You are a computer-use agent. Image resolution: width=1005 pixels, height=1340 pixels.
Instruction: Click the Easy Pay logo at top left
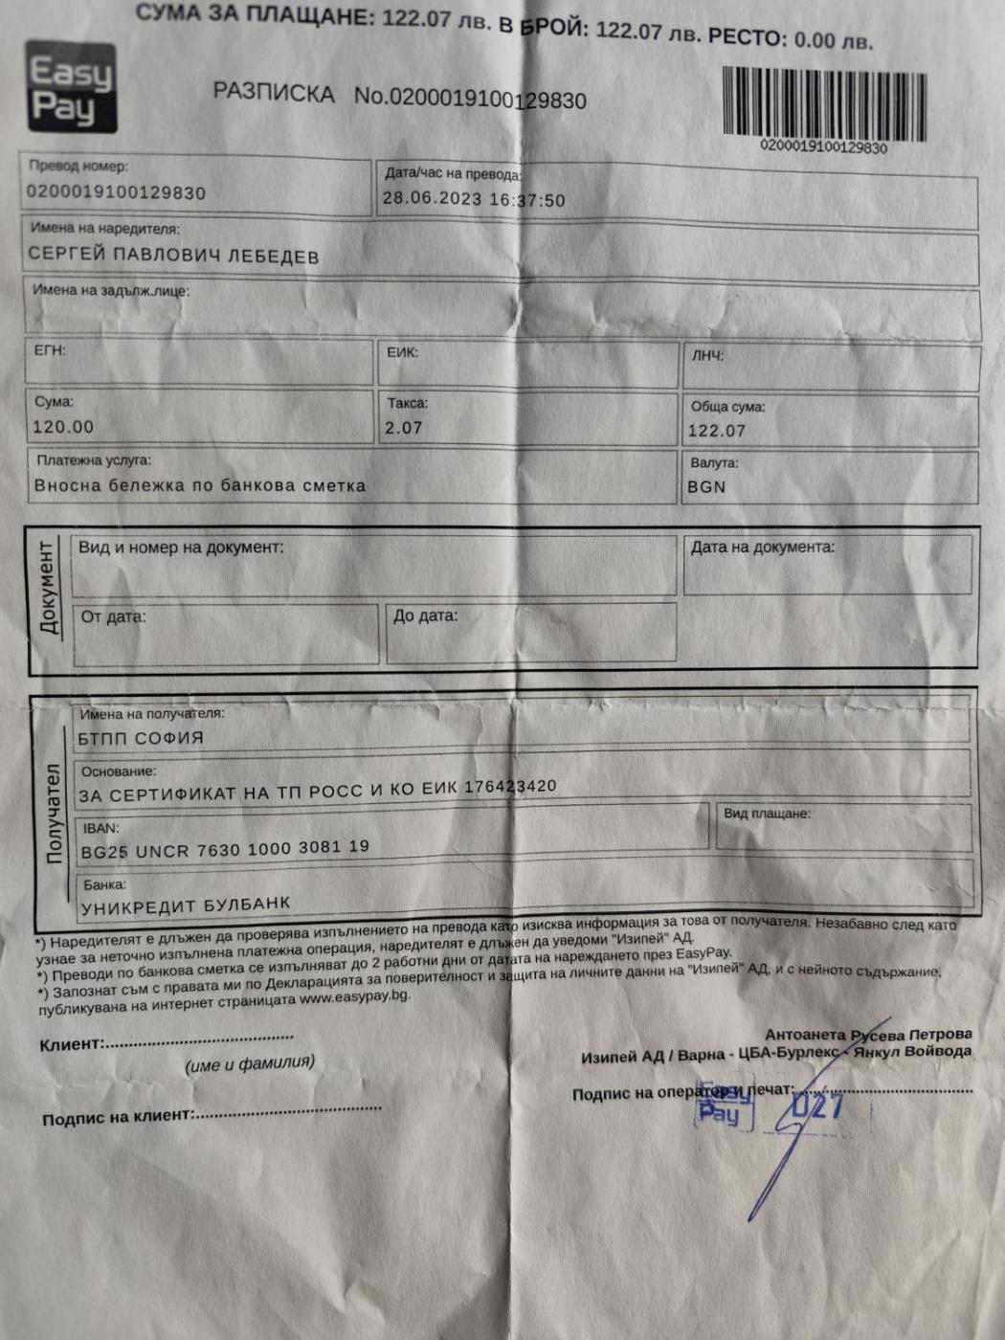point(71,87)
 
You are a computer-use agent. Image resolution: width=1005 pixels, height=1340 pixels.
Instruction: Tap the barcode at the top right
point(824,103)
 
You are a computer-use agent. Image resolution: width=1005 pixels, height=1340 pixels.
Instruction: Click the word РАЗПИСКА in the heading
point(274,94)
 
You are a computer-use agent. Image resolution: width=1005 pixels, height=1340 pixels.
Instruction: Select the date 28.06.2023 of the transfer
point(432,199)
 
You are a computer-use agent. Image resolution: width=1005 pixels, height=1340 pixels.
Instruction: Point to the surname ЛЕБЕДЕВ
point(273,257)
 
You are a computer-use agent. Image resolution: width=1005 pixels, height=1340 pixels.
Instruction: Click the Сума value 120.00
point(63,427)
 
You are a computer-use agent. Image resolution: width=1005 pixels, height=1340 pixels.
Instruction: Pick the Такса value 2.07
point(403,428)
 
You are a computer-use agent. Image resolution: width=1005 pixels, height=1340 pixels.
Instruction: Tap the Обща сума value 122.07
point(716,431)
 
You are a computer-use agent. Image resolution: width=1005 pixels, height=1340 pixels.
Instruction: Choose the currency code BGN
point(706,486)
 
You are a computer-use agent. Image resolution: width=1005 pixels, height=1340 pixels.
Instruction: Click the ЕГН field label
point(50,350)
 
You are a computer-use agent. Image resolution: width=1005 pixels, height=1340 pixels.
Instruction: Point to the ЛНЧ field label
point(707,356)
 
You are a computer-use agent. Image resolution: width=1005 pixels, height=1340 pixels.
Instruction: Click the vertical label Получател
point(54,814)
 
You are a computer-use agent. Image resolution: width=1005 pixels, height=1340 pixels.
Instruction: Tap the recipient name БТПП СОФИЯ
point(141,738)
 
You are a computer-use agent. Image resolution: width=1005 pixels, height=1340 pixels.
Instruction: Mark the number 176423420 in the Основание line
point(510,787)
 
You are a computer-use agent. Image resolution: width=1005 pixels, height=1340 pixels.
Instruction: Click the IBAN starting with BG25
point(225,849)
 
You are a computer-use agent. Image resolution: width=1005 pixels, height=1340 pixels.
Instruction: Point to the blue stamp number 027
point(816,1106)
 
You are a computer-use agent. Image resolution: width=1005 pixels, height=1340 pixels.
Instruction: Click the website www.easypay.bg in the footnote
point(354,996)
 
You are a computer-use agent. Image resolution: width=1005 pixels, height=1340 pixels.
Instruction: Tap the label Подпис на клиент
point(118,1117)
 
